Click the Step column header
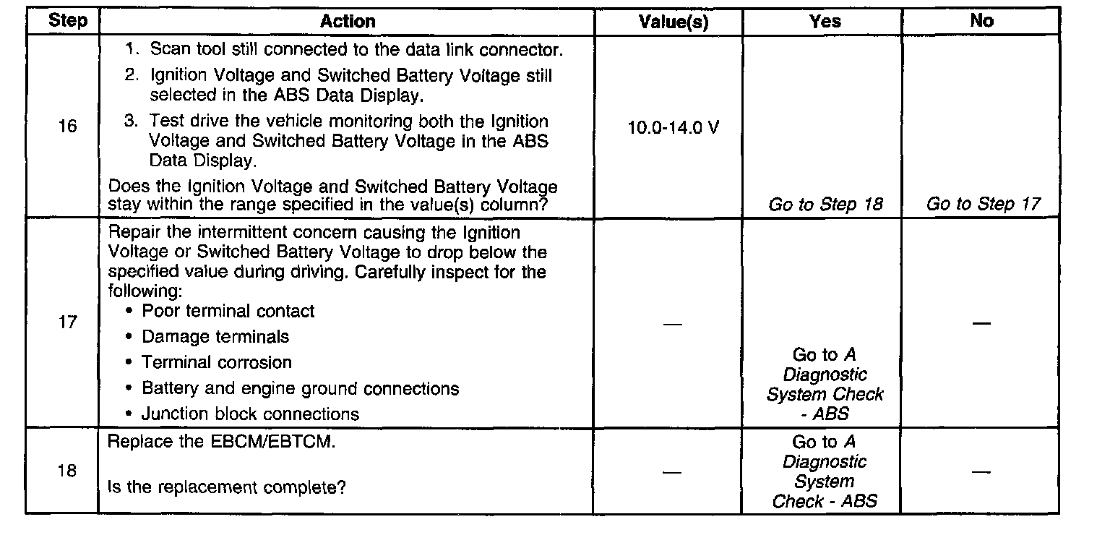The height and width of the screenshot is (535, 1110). click(x=67, y=20)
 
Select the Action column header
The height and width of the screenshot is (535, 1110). click(x=348, y=22)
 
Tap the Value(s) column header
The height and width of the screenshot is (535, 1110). click(x=674, y=22)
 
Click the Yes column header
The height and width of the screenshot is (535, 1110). click(x=825, y=22)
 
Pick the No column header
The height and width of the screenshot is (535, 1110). click(x=981, y=21)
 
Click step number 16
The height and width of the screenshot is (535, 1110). click(x=67, y=127)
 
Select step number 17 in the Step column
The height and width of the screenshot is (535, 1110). click(x=67, y=322)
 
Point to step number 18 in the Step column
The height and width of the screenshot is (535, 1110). click(x=67, y=471)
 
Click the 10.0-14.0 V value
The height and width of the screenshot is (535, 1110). click(x=674, y=128)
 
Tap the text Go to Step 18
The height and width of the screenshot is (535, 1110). click(x=825, y=205)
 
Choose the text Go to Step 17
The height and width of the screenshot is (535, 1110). click(x=983, y=205)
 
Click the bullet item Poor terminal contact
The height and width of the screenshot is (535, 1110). click(x=228, y=311)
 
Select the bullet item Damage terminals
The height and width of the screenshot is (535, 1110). click(x=215, y=336)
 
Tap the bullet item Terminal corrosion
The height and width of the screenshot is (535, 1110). click(x=216, y=362)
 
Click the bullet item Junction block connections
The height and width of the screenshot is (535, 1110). click(x=250, y=414)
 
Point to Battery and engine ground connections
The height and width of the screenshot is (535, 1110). click(x=300, y=388)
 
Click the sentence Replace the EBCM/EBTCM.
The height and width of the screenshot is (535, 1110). click(x=221, y=442)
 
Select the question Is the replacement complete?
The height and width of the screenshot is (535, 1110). click(x=226, y=487)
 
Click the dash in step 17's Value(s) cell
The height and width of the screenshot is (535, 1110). click(x=672, y=323)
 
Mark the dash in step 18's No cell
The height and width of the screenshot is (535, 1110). click(x=981, y=472)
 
